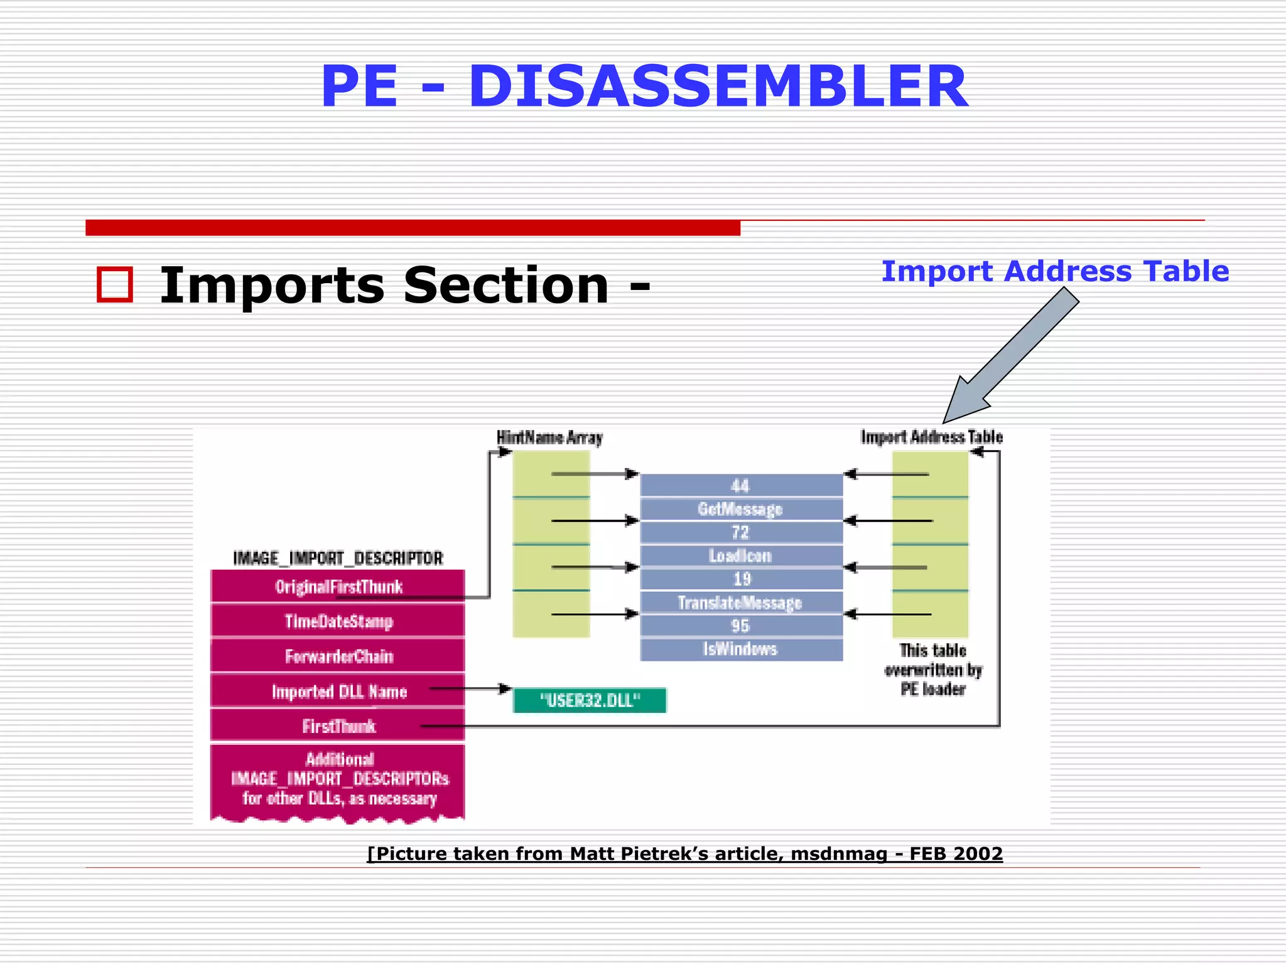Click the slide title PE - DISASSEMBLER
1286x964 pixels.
[x=644, y=87]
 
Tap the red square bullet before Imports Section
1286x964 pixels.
[x=115, y=285]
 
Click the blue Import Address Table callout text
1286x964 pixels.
[x=1054, y=271]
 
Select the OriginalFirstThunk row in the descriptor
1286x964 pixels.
[x=338, y=586]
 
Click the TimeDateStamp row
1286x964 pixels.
[x=338, y=621]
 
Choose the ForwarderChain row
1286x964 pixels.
[x=338, y=656]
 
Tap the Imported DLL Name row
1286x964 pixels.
[x=338, y=692]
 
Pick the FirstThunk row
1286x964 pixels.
[x=338, y=726]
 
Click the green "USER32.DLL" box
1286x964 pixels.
[x=589, y=700]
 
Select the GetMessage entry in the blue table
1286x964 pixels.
[x=740, y=509]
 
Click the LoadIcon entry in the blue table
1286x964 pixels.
[x=740, y=556]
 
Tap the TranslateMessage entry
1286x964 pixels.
[x=740, y=602]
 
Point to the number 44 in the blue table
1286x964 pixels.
[x=740, y=485]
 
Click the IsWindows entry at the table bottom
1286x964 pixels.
[x=740, y=649]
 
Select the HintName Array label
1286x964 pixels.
[x=549, y=437]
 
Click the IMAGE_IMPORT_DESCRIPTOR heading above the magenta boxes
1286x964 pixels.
[x=338, y=558]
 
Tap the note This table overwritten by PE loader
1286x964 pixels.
[x=932, y=670]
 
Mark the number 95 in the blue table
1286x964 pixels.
[x=740, y=626]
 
